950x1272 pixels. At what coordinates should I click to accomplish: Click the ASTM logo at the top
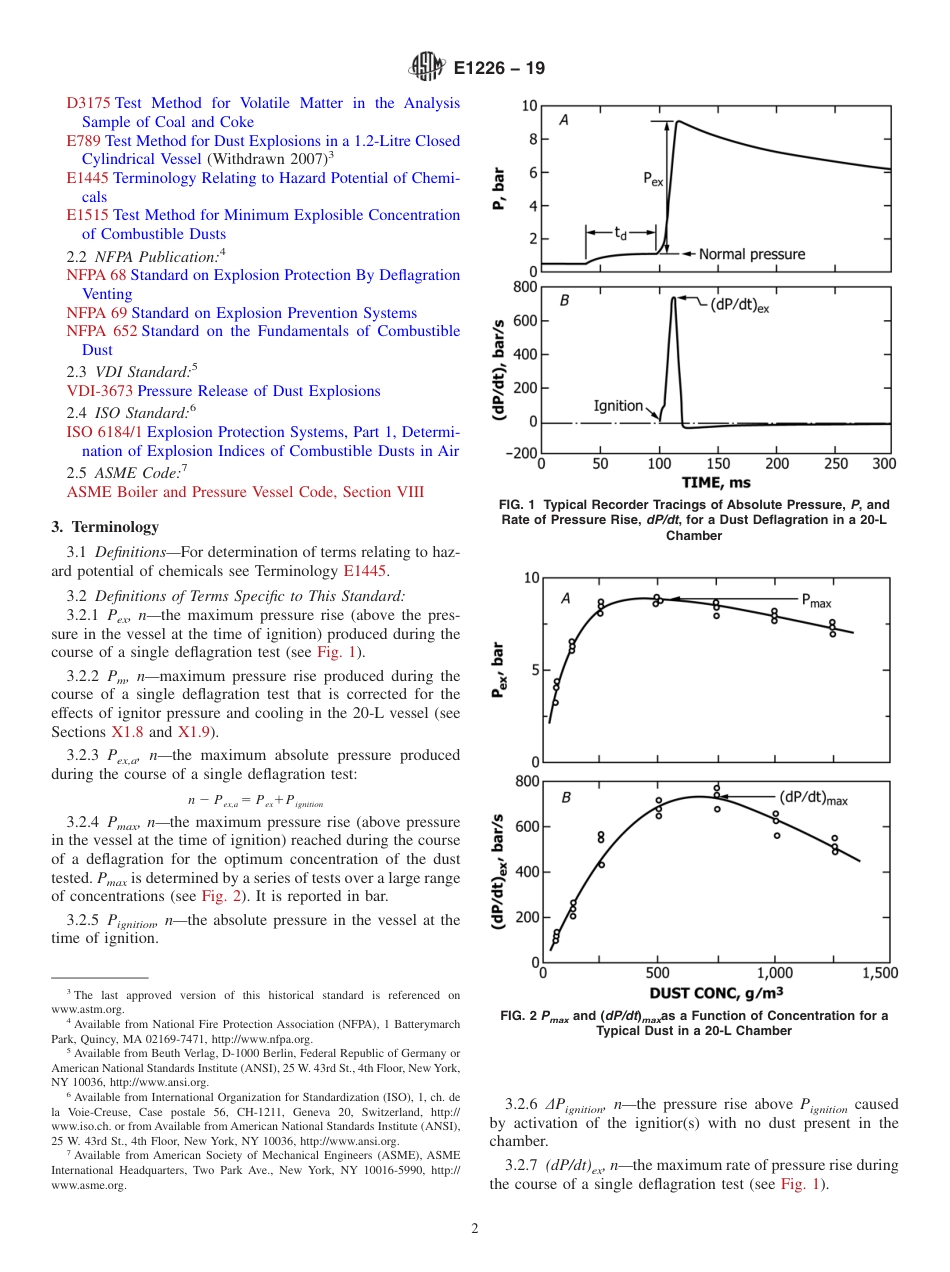pos(428,68)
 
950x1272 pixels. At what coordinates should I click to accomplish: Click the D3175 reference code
pos(88,103)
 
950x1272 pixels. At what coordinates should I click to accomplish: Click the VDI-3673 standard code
pos(100,391)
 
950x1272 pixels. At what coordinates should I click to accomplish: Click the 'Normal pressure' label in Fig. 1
pos(751,254)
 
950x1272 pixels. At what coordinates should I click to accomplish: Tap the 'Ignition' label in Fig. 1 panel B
pos(618,405)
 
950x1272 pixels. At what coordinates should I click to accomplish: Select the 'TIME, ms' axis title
pos(716,482)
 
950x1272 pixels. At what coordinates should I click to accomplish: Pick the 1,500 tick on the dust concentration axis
pos(879,973)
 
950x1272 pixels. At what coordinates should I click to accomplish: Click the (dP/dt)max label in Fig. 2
pos(813,797)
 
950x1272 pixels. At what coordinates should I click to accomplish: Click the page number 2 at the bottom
pos(475,1229)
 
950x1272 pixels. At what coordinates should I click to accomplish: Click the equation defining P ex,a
pos(255,801)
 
